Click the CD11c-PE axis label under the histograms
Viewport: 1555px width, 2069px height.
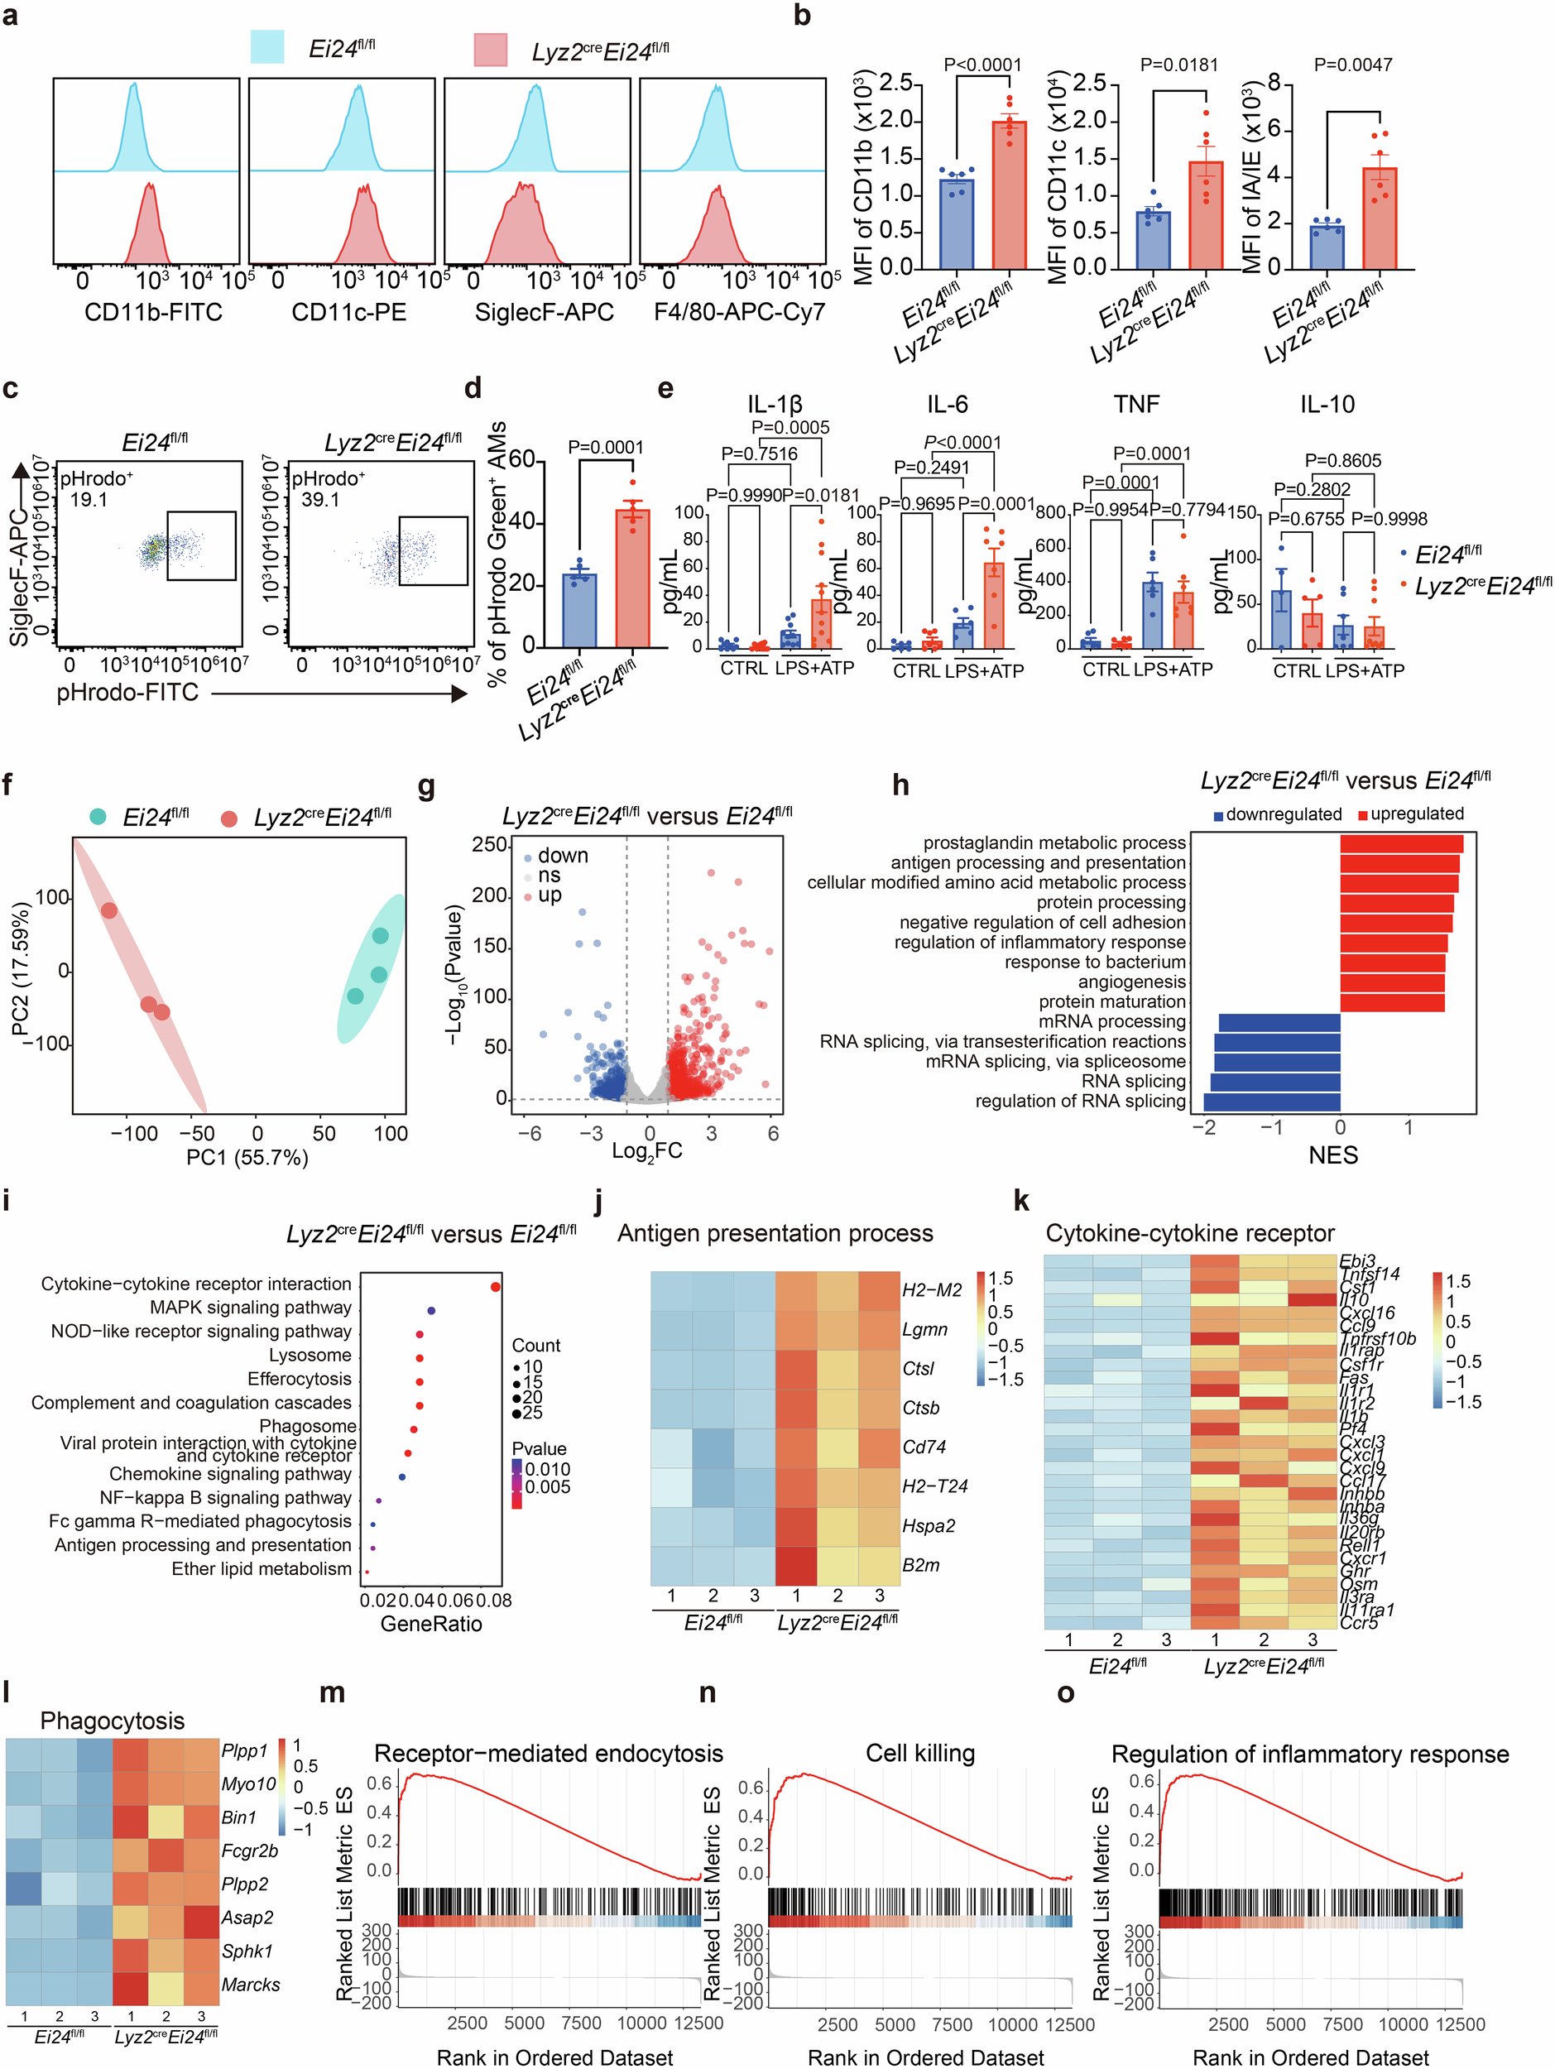click(x=348, y=312)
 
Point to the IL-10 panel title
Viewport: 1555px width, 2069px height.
click(x=1326, y=404)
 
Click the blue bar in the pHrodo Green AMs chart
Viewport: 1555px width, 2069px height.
click(x=578, y=610)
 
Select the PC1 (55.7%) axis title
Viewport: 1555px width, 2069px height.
click(x=247, y=1157)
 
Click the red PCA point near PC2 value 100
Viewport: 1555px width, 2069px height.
click(x=109, y=910)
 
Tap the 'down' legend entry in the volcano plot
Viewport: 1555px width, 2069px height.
click(x=562, y=855)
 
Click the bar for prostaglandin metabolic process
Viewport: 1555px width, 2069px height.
click(x=1401, y=842)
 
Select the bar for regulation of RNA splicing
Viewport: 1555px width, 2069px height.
click(x=1272, y=1102)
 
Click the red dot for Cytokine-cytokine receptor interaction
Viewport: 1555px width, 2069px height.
click(x=496, y=1287)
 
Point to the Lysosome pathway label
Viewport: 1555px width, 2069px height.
click(x=310, y=1355)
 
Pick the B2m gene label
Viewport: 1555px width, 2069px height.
click(x=920, y=1565)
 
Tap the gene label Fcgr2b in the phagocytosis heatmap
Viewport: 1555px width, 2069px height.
click(x=249, y=1851)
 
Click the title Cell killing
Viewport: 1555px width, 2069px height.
click(x=919, y=1753)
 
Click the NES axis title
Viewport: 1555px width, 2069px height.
click(x=1332, y=1155)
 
